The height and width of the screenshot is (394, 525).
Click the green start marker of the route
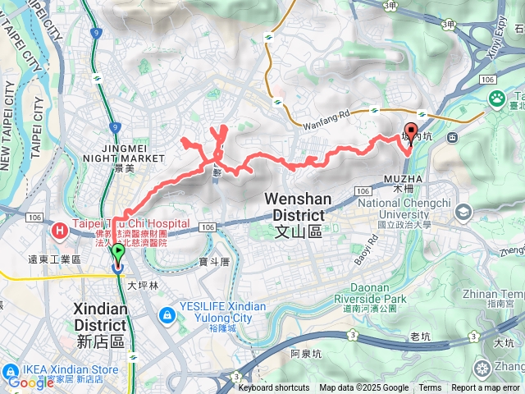coord(117,253)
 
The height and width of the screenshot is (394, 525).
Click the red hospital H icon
coord(60,231)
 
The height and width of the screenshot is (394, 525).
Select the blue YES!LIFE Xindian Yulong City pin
coord(167,314)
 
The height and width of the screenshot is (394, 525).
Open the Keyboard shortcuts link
coord(274,388)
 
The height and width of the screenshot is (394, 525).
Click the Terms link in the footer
coord(430,388)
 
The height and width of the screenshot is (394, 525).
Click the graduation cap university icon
coord(465,213)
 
